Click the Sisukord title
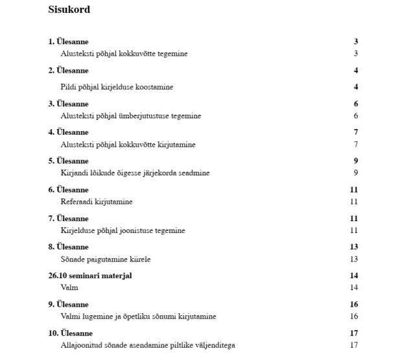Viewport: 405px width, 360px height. point(69,10)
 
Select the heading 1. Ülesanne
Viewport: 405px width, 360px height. point(68,42)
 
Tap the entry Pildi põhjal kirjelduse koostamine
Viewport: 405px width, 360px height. point(117,87)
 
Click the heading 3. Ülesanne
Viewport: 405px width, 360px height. point(68,104)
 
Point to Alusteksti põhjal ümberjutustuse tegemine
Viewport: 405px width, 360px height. point(130,115)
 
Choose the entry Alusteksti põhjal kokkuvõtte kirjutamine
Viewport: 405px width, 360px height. point(128,144)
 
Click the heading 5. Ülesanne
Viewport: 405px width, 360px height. point(68,161)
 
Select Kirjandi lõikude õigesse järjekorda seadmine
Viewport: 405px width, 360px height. point(135,173)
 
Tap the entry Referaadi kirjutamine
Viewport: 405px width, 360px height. point(96,202)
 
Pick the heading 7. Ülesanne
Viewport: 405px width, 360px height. point(68,218)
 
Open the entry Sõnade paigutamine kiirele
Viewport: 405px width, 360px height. point(106,259)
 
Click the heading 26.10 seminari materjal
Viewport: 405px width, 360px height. point(90,276)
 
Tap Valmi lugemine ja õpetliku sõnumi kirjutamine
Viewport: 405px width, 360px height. point(138,316)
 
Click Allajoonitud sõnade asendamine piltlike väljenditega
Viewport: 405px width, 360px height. point(148,344)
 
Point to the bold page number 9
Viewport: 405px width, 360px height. point(356,161)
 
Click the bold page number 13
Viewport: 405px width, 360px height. point(354,246)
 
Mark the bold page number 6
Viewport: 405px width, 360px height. point(356,104)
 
